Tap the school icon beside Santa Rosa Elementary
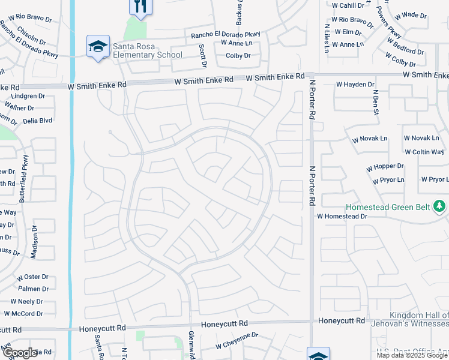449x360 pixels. coord(97,47)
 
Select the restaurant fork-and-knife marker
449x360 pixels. coord(140,6)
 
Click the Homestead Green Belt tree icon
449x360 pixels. coord(440,206)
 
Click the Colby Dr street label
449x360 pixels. coord(238,56)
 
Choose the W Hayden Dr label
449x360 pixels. coord(355,85)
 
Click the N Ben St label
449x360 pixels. coord(376,103)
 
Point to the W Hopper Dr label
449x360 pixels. coord(384,166)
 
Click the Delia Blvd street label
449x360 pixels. coord(37,120)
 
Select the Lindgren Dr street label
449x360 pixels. coord(28,96)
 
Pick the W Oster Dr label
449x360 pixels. coord(32,277)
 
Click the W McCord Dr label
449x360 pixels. coord(25,313)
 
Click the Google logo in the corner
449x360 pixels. coord(20,353)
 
